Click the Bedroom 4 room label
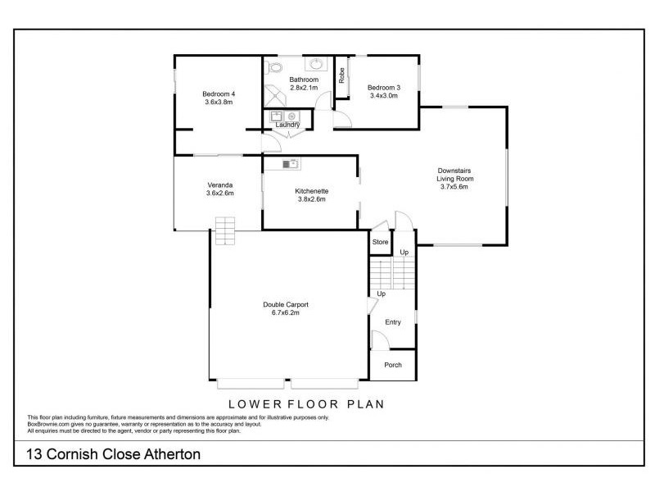coord(218,94)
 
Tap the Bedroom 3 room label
coord(383,88)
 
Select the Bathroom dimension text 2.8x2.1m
coord(304,88)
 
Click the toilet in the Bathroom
coord(275,67)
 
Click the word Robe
coord(341,76)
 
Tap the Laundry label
coord(287,125)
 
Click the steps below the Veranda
coord(225,230)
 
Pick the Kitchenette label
coord(312,191)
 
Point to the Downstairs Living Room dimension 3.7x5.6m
coord(456,186)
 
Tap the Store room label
coord(380,242)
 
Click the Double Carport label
coord(285,304)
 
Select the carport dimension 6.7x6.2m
coord(285,312)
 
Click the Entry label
coord(393,322)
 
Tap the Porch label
coord(393,365)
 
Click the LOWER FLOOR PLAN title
coord(306,404)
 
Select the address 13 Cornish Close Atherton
coord(113,453)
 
